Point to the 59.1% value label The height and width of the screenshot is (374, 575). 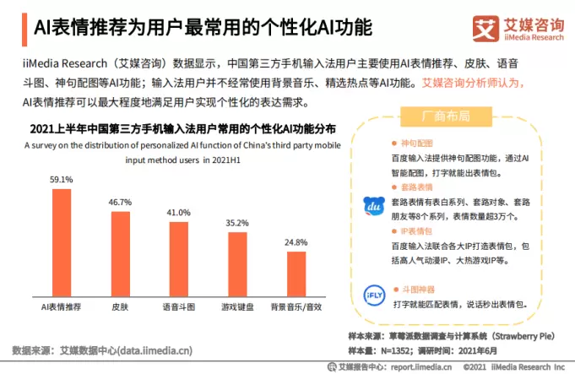click(62, 180)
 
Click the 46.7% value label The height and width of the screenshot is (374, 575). click(121, 203)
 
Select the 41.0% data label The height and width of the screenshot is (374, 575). click(179, 213)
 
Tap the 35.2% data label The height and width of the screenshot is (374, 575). click(237, 223)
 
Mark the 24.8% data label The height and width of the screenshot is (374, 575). click(296, 242)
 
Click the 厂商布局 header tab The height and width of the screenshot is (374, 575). click(446, 115)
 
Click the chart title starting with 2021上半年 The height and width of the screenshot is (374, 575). click(182, 129)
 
